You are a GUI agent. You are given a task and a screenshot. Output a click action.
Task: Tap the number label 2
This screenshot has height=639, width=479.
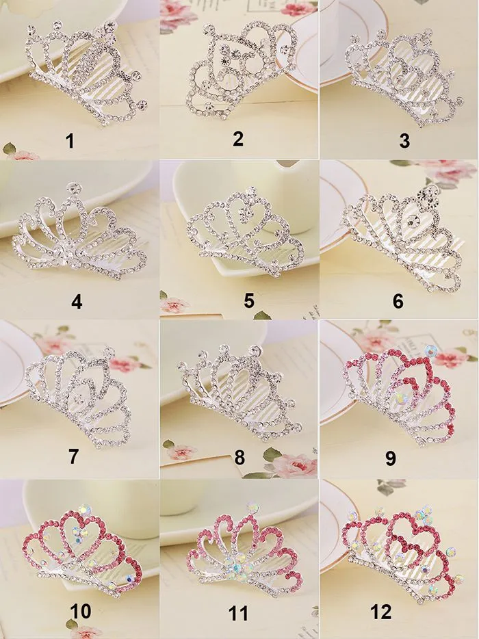[238, 139]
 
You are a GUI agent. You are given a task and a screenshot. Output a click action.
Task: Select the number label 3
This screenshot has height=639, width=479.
[404, 142]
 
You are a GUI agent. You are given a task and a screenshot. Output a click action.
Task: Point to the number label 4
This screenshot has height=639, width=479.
[77, 301]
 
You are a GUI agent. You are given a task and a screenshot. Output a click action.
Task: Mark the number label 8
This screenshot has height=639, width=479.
[239, 458]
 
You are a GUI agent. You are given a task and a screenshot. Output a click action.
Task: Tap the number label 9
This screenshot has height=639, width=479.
[391, 458]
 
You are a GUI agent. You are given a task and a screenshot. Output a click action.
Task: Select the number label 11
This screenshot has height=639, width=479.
[238, 614]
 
